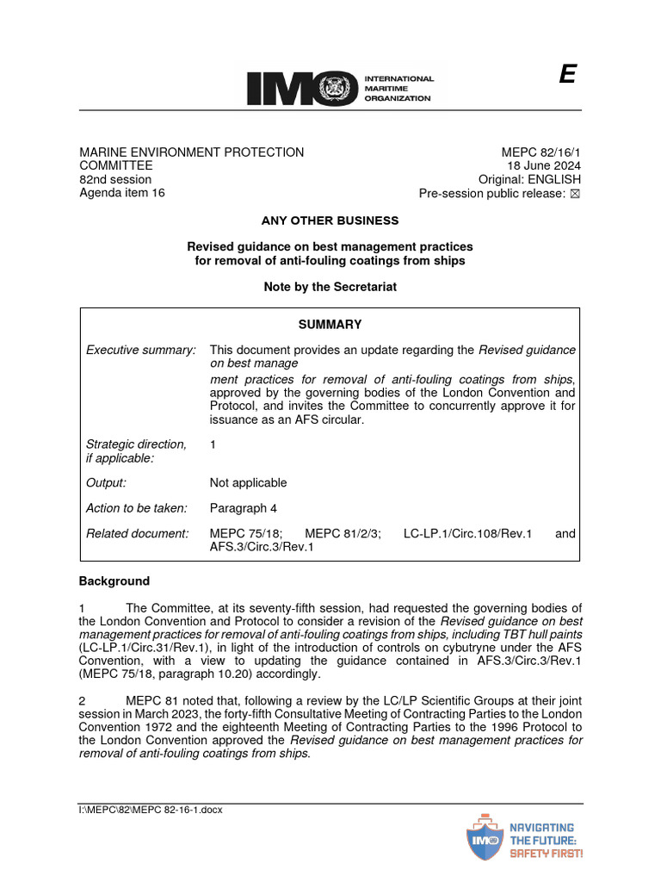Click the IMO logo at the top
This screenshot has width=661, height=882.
340,87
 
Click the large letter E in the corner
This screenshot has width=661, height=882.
566,75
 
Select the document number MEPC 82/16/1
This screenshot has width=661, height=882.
543,152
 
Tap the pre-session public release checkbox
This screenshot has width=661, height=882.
576,194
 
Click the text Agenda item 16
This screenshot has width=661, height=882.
122,193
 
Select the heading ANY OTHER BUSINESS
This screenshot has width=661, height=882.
330,220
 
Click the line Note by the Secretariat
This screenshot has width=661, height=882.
330,287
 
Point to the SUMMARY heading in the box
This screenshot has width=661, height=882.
330,325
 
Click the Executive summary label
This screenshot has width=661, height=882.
141,350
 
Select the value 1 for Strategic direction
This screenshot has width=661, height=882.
213,444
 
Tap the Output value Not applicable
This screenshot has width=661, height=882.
248,482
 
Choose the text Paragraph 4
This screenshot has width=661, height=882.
244,508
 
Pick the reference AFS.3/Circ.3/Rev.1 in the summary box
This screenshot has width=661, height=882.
262,547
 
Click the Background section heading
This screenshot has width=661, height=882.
114,581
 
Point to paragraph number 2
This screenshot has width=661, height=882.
83,700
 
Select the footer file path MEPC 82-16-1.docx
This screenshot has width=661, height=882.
151,811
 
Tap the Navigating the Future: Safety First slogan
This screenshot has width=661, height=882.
546,840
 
